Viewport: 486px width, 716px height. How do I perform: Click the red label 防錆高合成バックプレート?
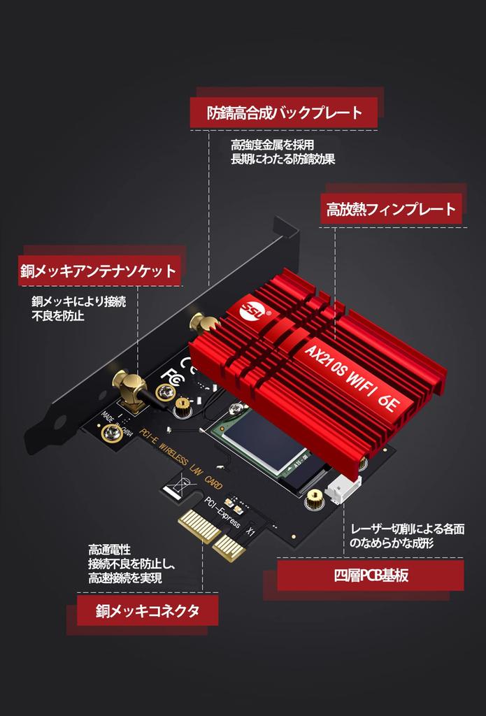(284, 113)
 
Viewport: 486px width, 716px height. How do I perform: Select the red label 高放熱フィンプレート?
(391, 208)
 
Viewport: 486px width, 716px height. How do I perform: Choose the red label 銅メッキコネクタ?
(148, 610)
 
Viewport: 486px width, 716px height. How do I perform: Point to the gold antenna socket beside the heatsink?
(203, 324)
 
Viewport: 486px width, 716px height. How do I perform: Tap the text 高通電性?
(109, 550)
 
